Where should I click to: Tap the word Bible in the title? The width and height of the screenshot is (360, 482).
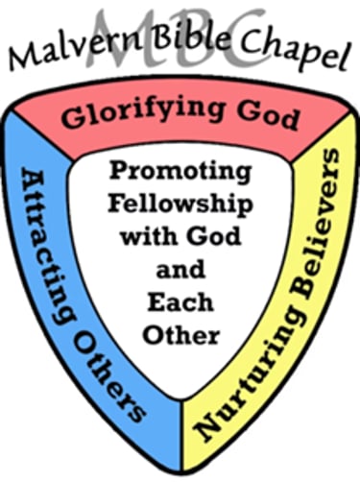click(169, 44)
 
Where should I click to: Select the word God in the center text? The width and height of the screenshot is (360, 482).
click(209, 231)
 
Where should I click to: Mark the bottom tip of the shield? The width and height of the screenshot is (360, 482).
click(180, 462)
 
